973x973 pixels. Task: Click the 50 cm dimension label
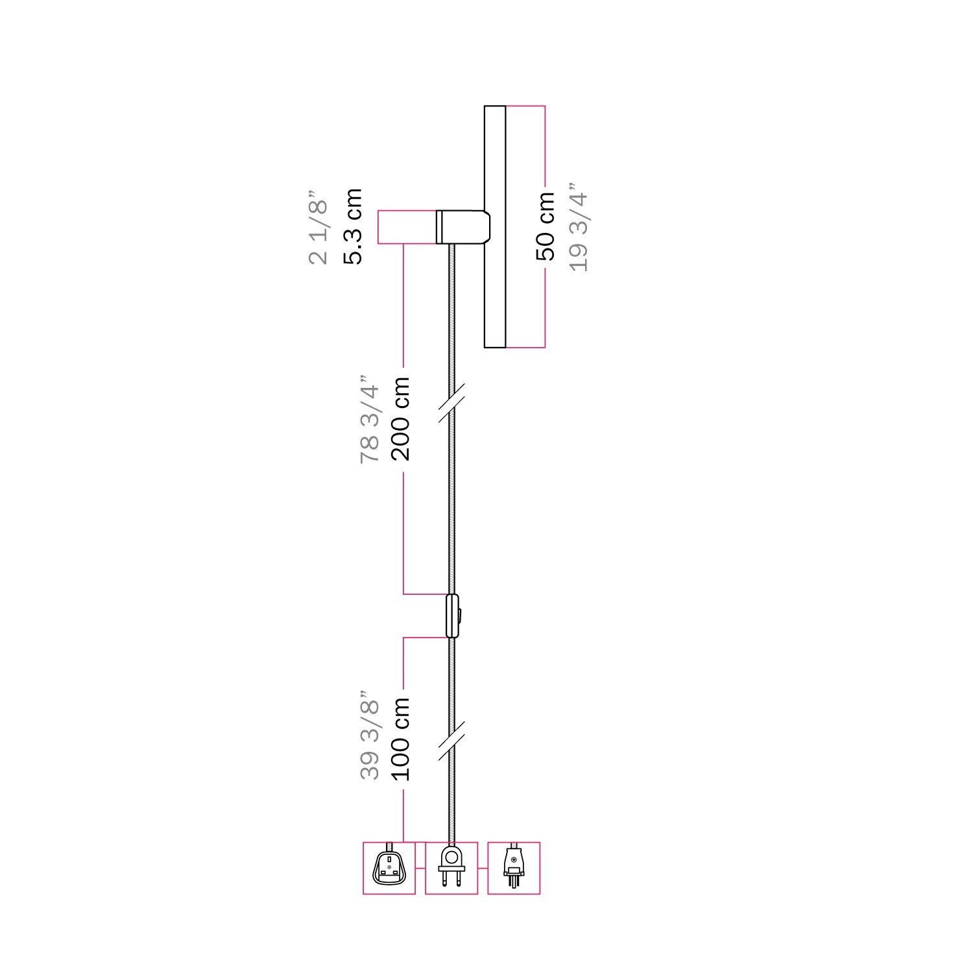coord(546,226)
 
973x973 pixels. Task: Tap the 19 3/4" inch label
coord(578,231)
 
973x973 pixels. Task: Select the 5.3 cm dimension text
coord(354,226)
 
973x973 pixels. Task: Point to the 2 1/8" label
coord(319,227)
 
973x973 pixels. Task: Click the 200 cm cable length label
coord(401,418)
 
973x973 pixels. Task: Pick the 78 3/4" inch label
coord(369,418)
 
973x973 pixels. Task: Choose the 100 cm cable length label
coord(401,738)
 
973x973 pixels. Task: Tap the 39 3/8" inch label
coord(369,734)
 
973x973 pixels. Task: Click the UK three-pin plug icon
coord(389,868)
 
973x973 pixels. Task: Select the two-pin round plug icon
coord(451,868)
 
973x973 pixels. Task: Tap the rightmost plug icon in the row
coord(514,868)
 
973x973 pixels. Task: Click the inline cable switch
coord(451,615)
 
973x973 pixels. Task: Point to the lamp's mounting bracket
coord(462,226)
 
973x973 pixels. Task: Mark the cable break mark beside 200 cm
coord(451,402)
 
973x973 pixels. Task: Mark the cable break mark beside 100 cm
coord(451,741)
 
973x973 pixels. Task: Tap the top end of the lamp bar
coord(495,108)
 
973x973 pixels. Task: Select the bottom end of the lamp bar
coord(495,345)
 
